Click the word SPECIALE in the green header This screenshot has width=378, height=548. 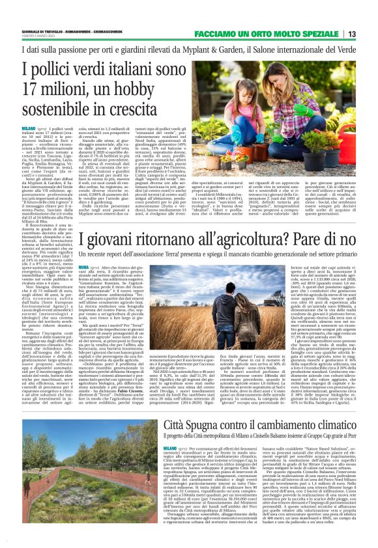315,33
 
